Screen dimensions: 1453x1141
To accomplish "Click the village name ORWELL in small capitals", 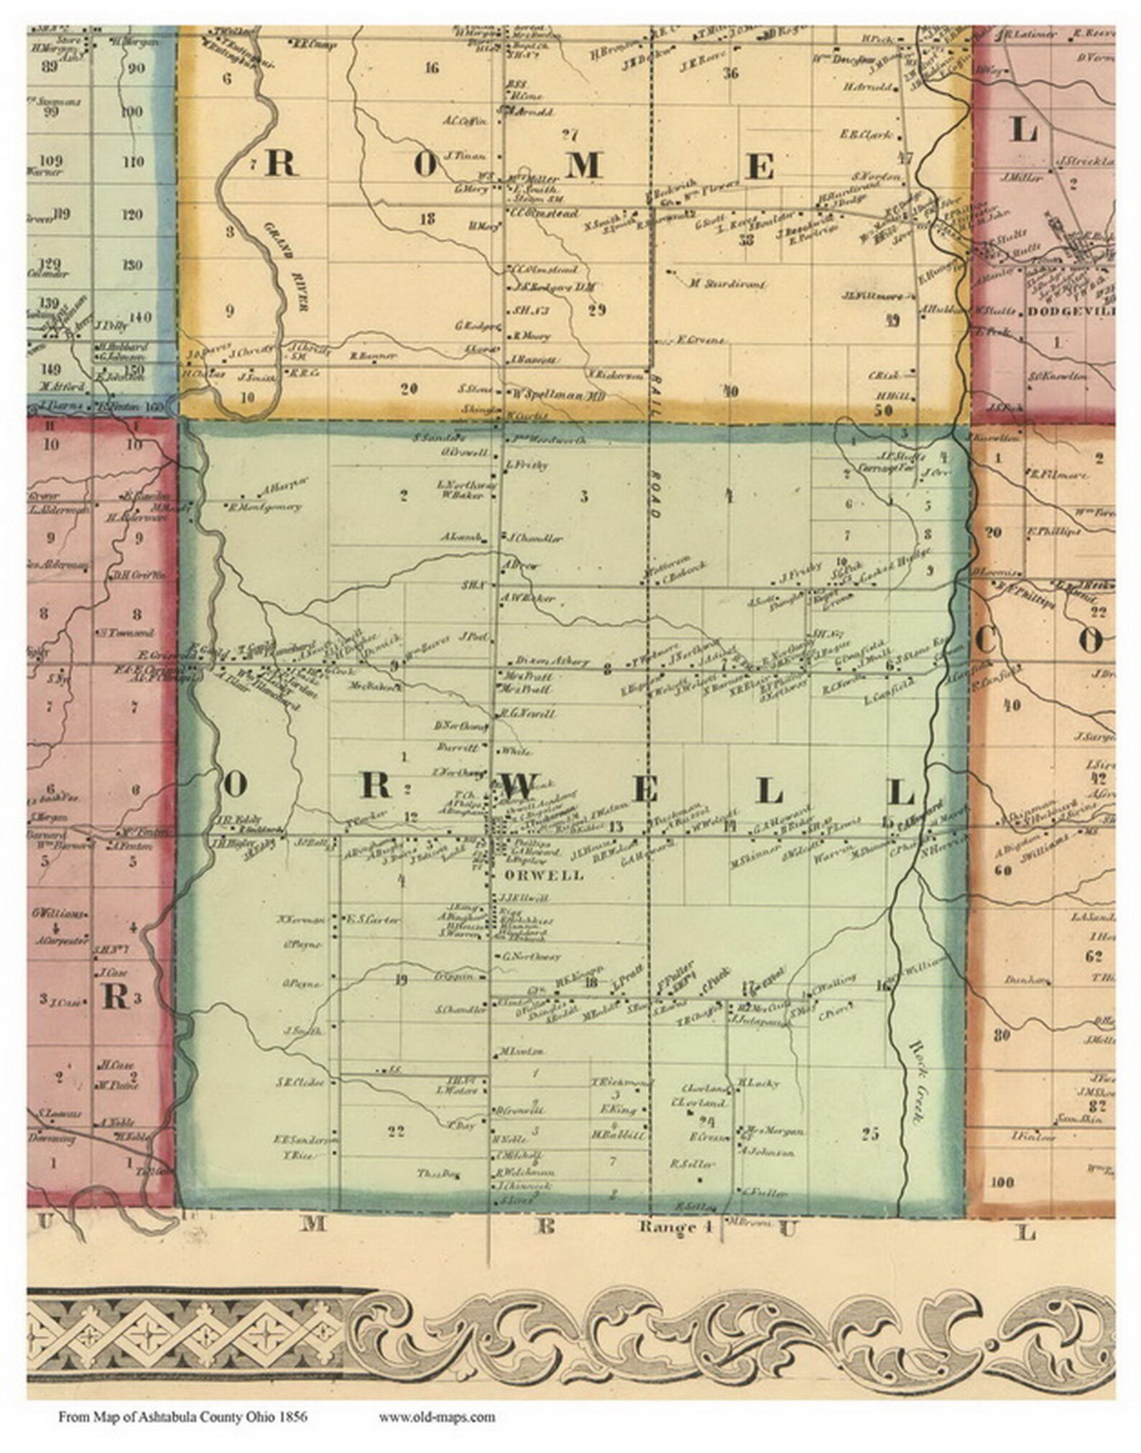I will tap(534, 876).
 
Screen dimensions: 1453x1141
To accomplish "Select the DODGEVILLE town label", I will tap(1071, 312).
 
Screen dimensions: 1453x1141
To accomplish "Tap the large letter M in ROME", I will tap(583, 166).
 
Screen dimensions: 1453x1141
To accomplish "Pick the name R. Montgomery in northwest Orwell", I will tap(266, 506).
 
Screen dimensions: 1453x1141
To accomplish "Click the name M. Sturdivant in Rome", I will tap(726, 284).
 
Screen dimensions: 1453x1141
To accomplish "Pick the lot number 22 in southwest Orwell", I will tap(396, 1152).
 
